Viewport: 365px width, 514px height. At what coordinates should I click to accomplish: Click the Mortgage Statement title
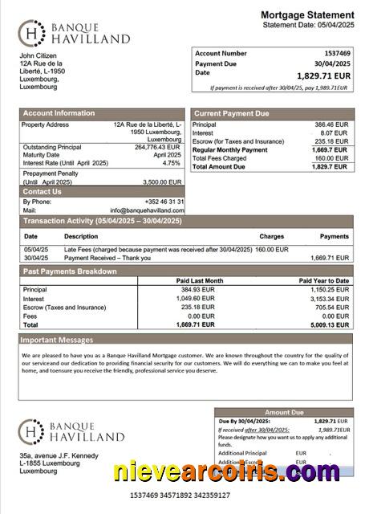(307, 15)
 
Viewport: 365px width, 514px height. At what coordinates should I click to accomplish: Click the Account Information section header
(59, 113)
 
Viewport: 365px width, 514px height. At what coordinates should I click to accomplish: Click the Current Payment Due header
(232, 114)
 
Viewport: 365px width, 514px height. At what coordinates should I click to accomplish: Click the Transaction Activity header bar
(102, 221)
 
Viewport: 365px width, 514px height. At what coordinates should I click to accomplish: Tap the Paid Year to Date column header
(323, 280)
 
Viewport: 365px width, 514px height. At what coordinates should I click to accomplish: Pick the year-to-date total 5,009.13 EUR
(329, 324)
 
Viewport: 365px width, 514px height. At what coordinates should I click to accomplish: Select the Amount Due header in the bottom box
(285, 412)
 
